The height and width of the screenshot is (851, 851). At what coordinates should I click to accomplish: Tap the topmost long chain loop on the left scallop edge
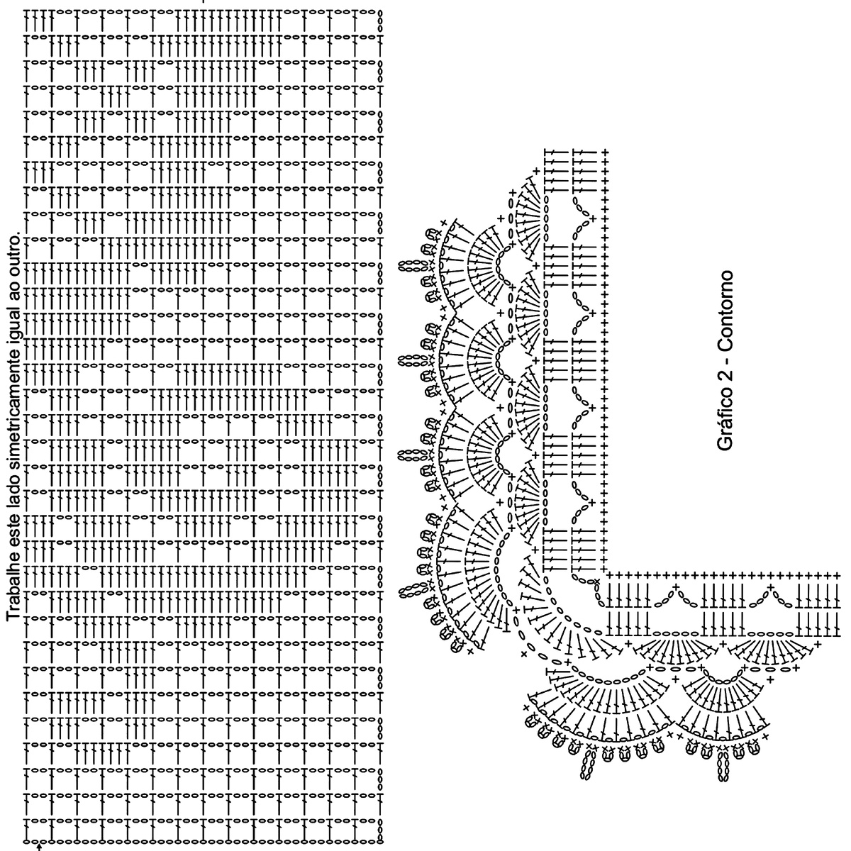(x=408, y=267)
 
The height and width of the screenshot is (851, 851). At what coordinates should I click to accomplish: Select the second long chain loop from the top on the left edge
(x=408, y=360)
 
